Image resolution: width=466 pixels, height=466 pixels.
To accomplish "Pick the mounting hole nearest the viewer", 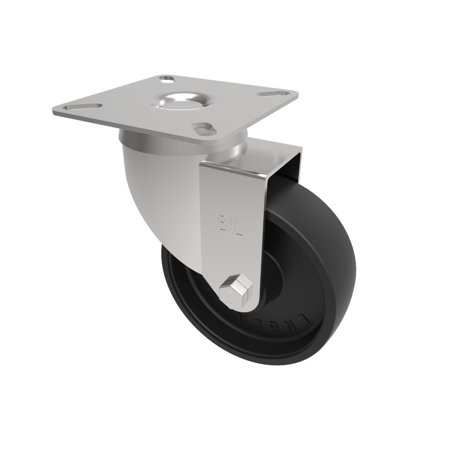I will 204,127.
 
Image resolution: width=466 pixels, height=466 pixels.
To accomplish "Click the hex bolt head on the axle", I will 238,289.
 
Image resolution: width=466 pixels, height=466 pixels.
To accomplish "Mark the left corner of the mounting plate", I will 54,110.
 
